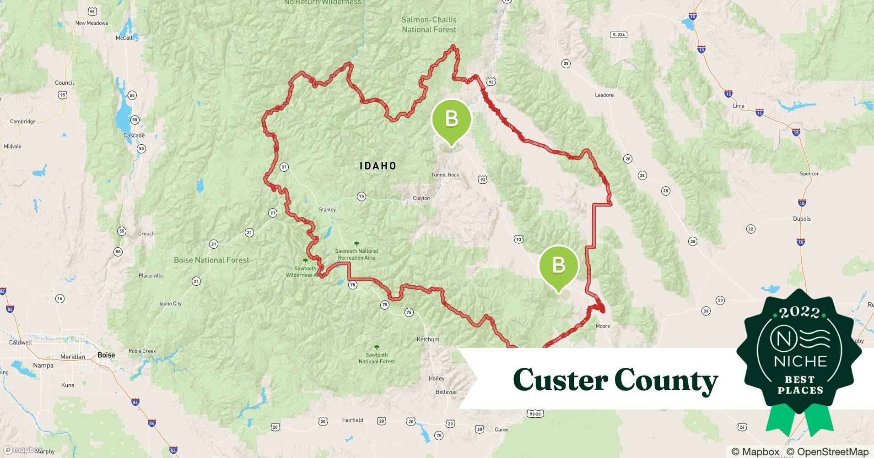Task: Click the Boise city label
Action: tap(106, 355)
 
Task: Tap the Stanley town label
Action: tap(327, 210)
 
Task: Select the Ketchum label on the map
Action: tap(428, 339)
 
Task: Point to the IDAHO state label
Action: tap(378, 166)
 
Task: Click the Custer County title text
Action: tap(615, 380)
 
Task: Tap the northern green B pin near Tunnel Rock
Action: tap(452, 120)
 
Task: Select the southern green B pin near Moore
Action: tap(559, 266)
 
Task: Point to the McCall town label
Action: tap(124, 38)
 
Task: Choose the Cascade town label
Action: tap(134, 136)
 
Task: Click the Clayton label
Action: tap(421, 198)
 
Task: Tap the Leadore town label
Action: tap(604, 95)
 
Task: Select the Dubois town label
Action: tap(802, 219)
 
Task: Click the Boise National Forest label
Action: tap(211, 260)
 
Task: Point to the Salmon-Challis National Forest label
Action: tap(429, 25)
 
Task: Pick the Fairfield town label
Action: tap(352, 420)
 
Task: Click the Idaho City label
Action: tap(170, 304)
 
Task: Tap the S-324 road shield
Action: tap(618, 35)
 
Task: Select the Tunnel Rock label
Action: tap(445, 175)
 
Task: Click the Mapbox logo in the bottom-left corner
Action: tap(23, 450)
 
